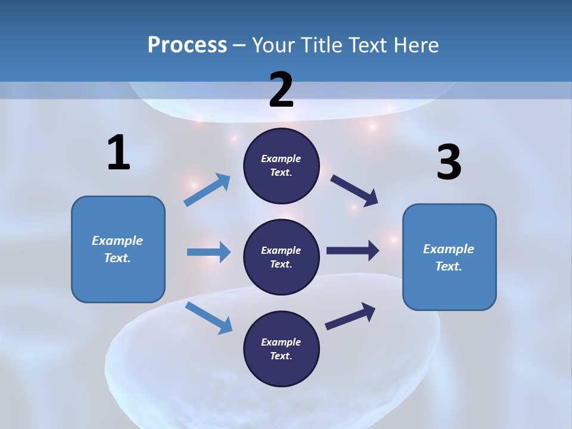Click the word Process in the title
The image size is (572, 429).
pos(187,45)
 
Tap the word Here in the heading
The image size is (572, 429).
pos(415,45)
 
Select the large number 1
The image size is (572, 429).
pos(119,153)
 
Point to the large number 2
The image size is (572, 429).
pos(281,90)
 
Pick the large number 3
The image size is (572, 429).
pos(449,163)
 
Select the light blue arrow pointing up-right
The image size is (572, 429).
pos(207,190)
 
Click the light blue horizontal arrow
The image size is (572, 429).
pos(209,252)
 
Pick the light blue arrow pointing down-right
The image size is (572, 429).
pos(209,317)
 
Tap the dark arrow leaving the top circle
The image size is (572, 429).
pos(355,190)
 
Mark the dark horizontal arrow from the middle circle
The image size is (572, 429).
pos(352,251)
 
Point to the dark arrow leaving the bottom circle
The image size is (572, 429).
pos(350,316)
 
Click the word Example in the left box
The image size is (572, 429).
pos(117,241)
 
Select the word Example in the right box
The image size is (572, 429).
pos(449,249)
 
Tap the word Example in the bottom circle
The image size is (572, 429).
pos(281,342)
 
